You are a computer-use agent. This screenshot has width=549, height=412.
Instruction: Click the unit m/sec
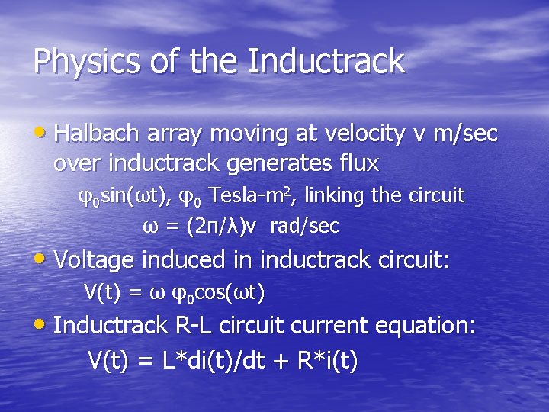464,134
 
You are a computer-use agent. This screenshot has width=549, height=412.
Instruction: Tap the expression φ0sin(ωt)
126,196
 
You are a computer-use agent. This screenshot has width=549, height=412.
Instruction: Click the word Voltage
95,260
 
